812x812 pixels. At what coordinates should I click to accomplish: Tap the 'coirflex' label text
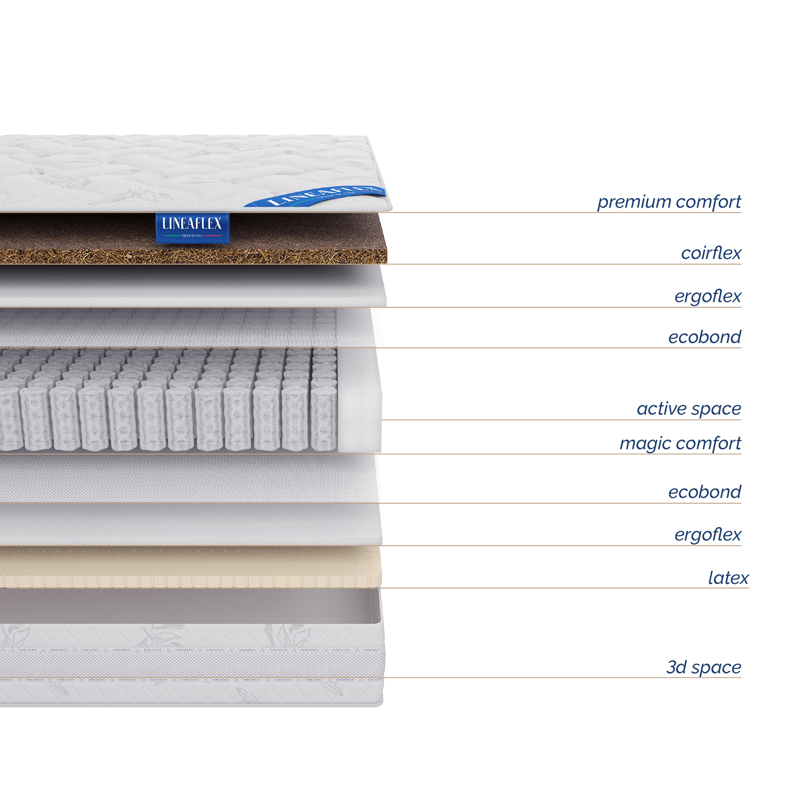click(711, 253)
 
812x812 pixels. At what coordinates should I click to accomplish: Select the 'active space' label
click(689, 409)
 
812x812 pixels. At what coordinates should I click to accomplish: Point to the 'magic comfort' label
click(680, 443)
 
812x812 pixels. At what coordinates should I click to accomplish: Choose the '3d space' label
click(704, 667)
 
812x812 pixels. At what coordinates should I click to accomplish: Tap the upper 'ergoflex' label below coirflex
click(708, 296)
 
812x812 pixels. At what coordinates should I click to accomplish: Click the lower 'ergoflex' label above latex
click(708, 535)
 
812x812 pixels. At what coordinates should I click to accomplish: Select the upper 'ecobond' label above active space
click(705, 337)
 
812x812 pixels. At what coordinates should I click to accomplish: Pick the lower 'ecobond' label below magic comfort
click(705, 492)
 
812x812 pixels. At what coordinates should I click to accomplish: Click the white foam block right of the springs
click(359, 399)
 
